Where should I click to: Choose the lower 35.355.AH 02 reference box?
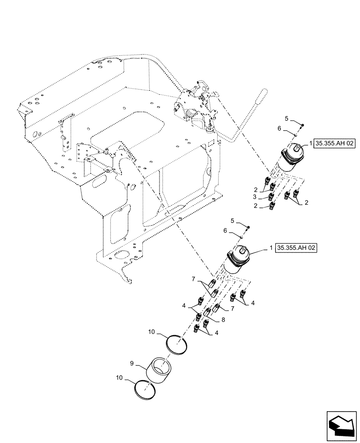(297, 248)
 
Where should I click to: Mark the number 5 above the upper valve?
(286, 119)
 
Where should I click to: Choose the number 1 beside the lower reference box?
(272, 249)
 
